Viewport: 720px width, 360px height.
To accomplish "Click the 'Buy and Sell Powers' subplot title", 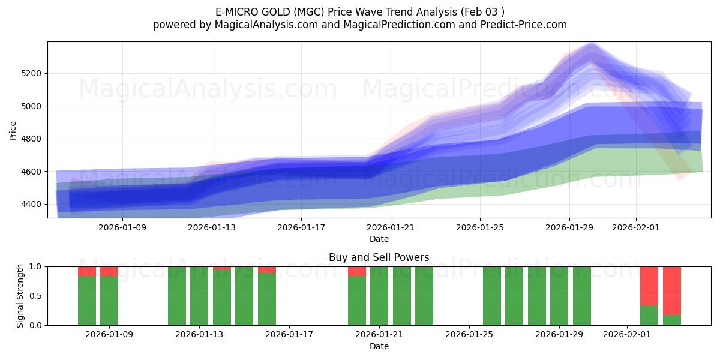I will click(379, 257).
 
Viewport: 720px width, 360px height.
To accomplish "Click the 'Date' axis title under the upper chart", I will click(379, 239).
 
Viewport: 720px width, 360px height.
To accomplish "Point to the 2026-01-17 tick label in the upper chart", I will click(301, 227).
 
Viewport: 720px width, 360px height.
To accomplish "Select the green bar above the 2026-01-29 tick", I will click(559, 296).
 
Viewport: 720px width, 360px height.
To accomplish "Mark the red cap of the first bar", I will click(87, 271).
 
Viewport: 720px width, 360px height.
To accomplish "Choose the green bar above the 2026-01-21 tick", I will click(379, 296).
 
